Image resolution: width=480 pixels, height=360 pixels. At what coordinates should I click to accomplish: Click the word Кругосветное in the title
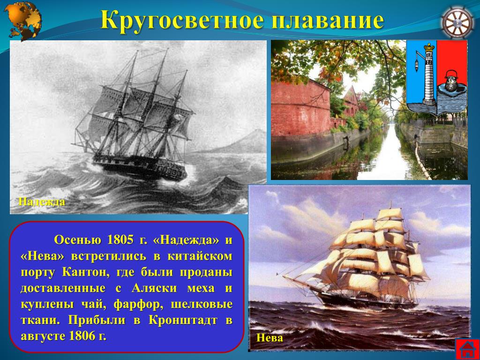point(181,21)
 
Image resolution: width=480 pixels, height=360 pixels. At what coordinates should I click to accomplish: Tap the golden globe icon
point(23,21)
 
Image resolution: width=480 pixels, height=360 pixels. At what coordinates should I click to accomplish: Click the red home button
point(467,349)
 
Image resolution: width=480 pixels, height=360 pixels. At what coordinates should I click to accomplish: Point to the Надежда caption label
point(42,202)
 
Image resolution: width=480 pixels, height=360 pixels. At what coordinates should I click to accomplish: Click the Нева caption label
point(270,337)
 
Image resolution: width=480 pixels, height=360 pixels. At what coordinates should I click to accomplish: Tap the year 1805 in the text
point(120,240)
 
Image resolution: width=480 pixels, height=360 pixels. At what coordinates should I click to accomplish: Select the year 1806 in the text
point(82,336)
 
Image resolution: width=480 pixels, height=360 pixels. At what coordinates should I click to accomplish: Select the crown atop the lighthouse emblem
point(429,46)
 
